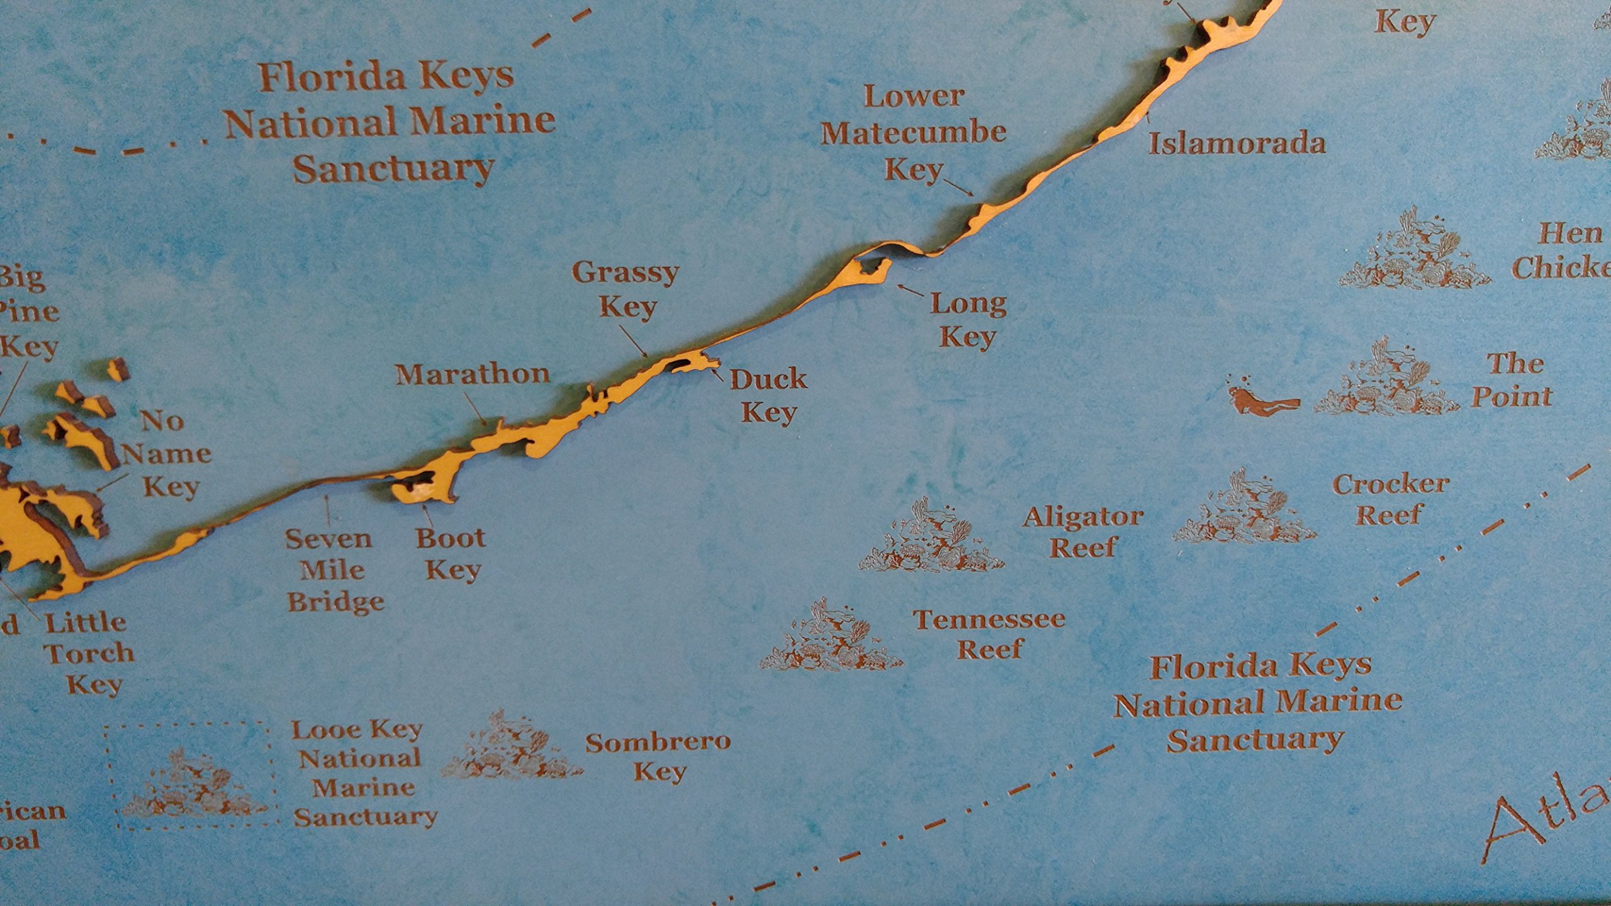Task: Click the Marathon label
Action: coord(473,374)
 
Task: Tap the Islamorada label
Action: coord(1237,143)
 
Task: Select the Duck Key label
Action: coord(768,396)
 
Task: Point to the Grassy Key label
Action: coord(626,290)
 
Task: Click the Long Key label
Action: coord(968,320)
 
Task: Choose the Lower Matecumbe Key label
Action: coord(913,133)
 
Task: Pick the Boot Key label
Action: coord(451,554)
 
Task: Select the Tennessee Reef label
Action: coord(990,634)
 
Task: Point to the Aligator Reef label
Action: coord(1082,532)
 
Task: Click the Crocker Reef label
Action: coord(1391,499)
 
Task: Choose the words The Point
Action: coord(1514,380)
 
